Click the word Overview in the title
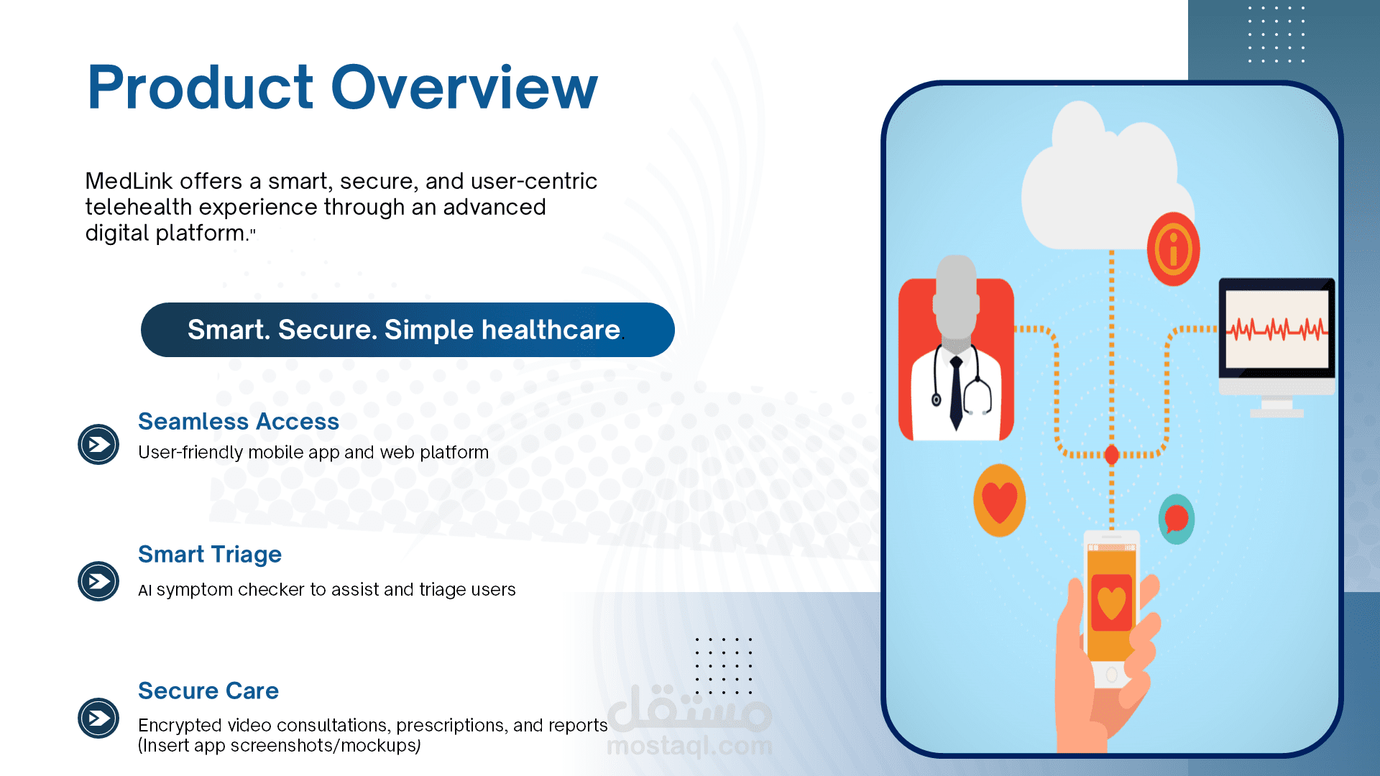click(464, 88)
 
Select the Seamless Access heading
click(239, 421)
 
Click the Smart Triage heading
click(210, 555)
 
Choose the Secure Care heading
click(208, 690)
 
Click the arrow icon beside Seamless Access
click(98, 445)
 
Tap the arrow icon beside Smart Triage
click(98, 581)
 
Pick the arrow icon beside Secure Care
click(98, 718)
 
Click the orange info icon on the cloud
click(1173, 249)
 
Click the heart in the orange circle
click(999, 501)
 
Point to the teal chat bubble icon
click(1177, 519)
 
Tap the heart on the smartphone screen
click(1111, 602)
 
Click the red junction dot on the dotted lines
click(1111, 454)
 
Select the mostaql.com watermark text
click(689, 746)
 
